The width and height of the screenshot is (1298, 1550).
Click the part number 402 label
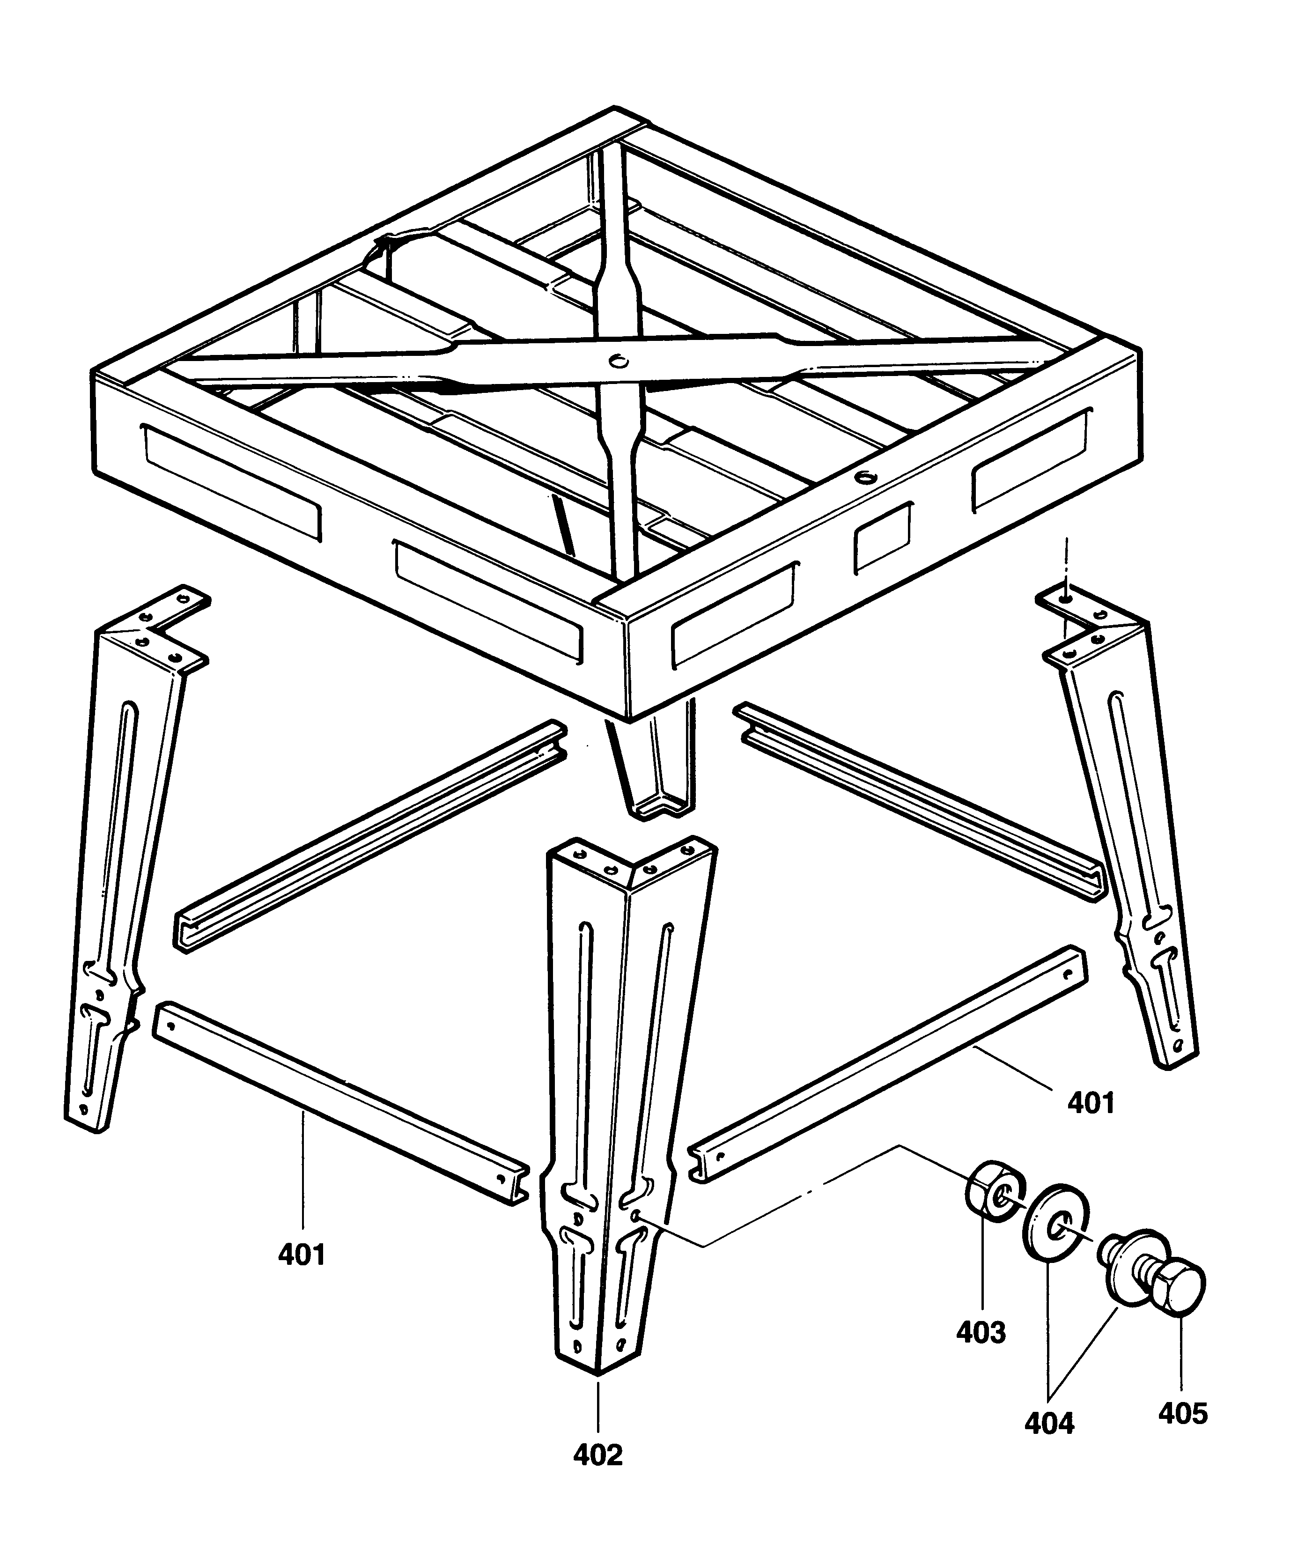[597, 1454]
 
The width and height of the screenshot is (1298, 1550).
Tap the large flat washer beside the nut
[1055, 1229]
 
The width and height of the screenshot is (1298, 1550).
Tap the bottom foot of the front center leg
[597, 1351]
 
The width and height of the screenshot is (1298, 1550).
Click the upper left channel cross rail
[369, 834]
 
